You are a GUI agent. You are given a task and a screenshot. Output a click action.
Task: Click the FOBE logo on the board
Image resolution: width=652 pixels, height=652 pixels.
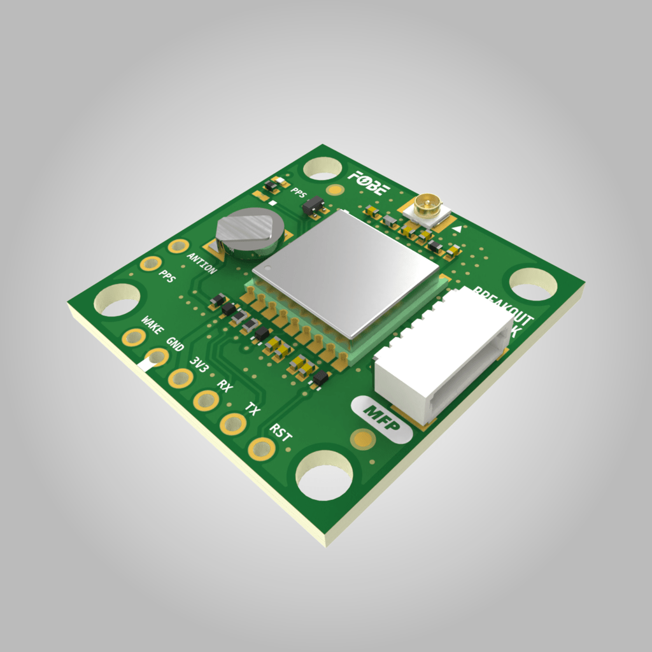[373, 182]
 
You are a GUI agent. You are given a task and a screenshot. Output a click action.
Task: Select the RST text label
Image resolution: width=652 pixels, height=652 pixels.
[281, 434]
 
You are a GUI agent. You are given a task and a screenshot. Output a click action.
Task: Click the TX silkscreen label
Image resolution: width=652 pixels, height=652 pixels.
[253, 409]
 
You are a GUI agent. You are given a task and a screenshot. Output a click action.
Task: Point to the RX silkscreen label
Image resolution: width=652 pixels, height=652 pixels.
[225, 386]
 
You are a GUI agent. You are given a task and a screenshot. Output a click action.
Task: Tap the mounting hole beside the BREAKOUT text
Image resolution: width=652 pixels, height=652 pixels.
[533, 283]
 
